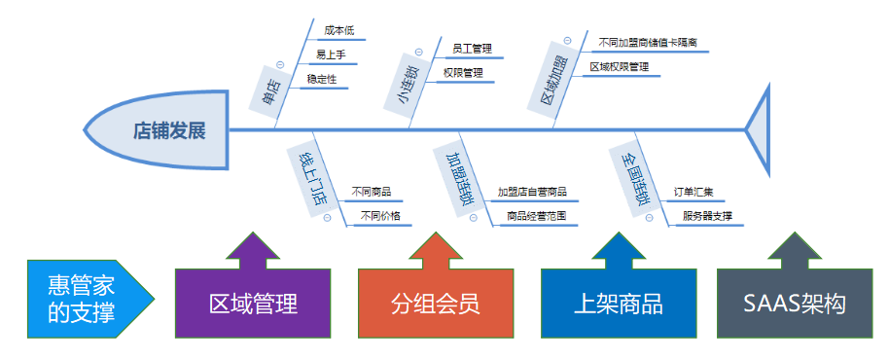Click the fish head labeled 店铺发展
pyautogui.click(x=160, y=131)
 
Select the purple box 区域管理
pyautogui.click(x=253, y=304)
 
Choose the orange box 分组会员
pyautogui.click(x=436, y=304)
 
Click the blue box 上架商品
pyautogui.click(x=619, y=304)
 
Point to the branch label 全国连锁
pyautogui.click(x=634, y=176)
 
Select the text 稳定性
pyautogui.click(x=321, y=79)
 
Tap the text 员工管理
pyautogui.click(x=473, y=47)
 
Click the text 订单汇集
pyautogui.click(x=693, y=192)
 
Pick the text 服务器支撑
pyautogui.click(x=707, y=216)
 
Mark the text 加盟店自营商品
pyautogui.click(x=531, y=192)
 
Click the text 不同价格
pyautogui.click(x=380, y=216)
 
